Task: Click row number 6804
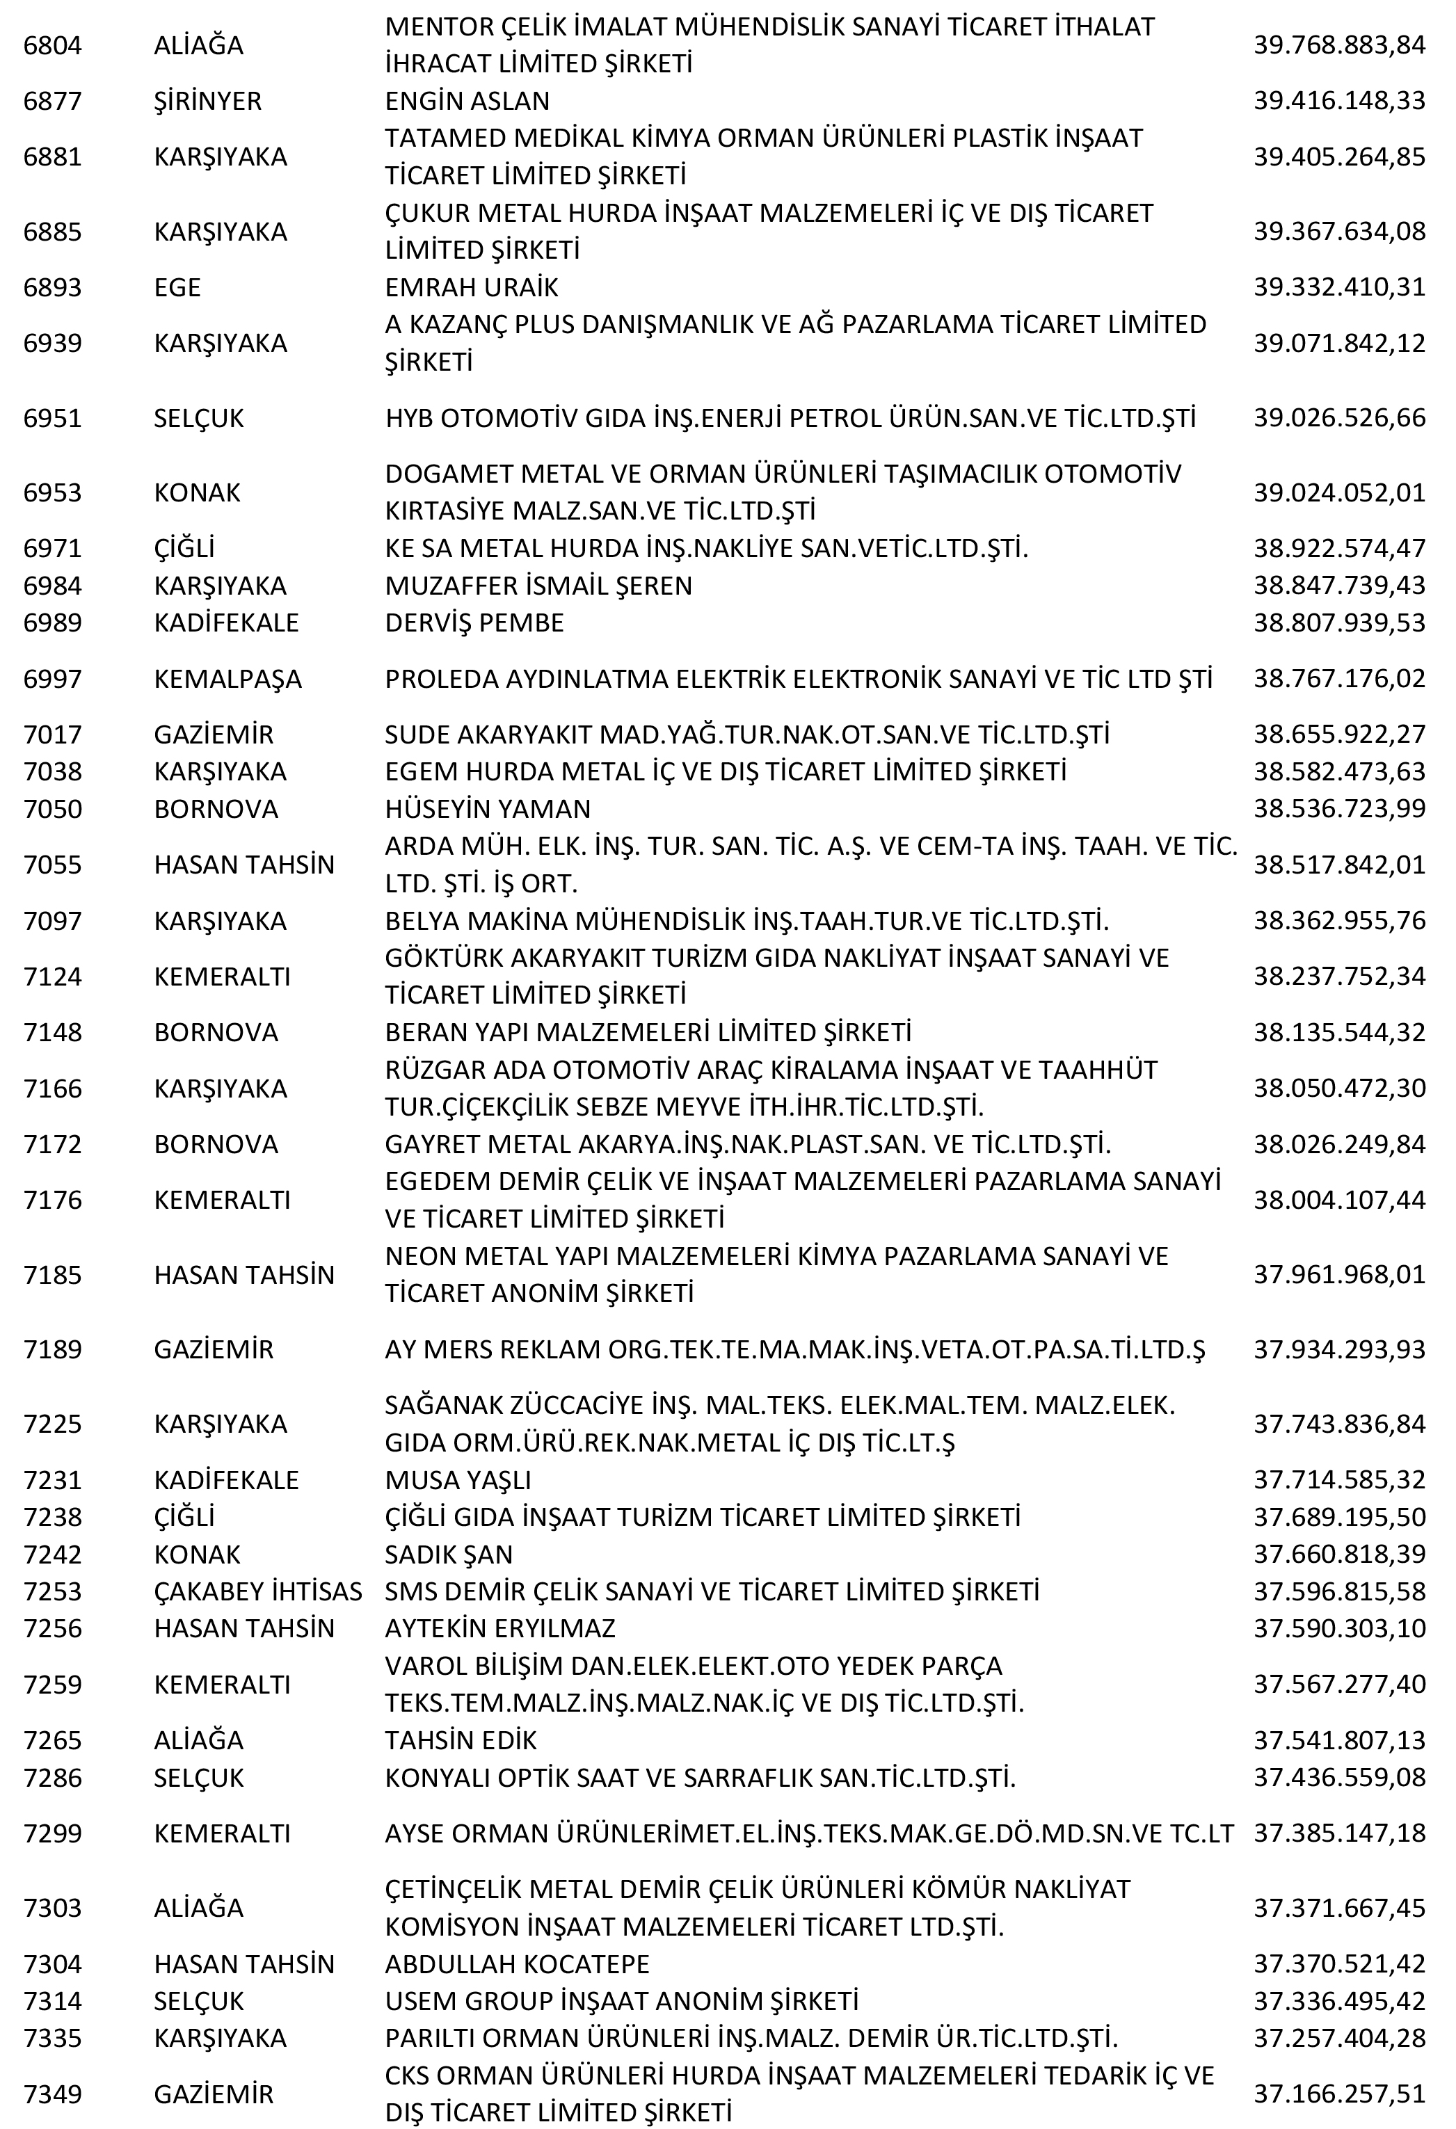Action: [x=52, y=45]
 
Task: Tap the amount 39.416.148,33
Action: [x=1338, y=101]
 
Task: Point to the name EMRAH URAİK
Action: [x=471, y=288]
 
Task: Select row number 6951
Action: [x=52, y=419]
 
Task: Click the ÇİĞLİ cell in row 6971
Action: [x=184, y=549]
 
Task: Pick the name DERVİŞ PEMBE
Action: [x=474, y=623]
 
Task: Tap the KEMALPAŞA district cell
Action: [x=227, y=680]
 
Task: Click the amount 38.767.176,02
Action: [x=1338, y=680]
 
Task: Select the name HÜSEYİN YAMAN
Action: [x=488, y=809]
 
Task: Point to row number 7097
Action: [x=52, y=921]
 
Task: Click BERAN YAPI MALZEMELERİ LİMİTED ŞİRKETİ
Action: [x=648, y=1032]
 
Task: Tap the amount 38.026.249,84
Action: [x=1338, y=1144]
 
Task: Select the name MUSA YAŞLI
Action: [x=457, y=1480]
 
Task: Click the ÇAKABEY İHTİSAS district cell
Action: [x=257, y=1591]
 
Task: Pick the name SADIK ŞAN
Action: [x=448, y=1554]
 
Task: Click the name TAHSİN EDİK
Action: [x=460, y=1741]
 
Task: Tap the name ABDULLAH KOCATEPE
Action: [x=517, y=1964]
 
